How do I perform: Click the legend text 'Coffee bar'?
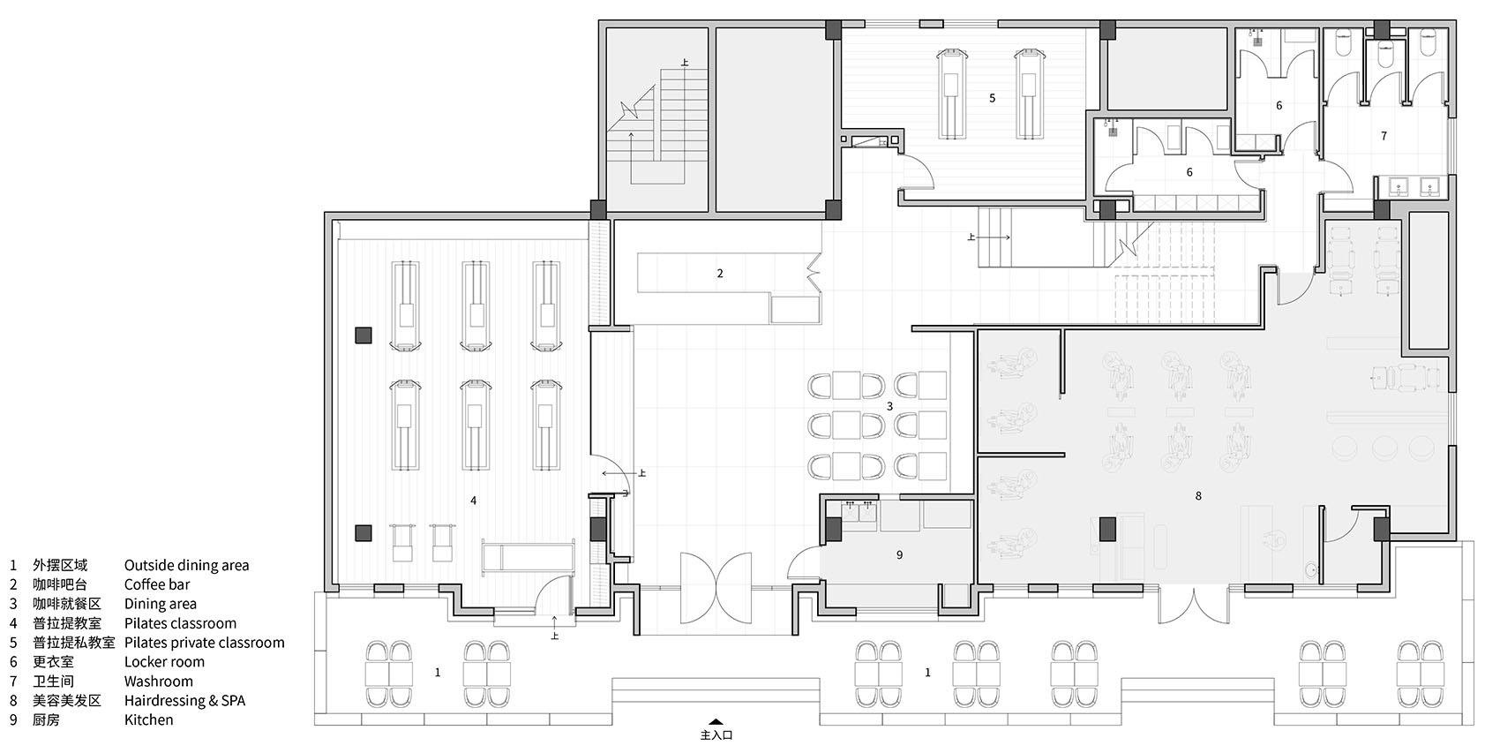tap(157, 584)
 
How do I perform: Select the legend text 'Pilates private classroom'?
tap(204, 643)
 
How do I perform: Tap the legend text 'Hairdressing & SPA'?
tap(184, 700)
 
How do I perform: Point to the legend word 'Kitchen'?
tap(148, 719)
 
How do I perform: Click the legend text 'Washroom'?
tap(159, 681)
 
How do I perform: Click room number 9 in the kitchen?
tap(899, 554)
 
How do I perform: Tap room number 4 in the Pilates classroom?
tap(474, 501)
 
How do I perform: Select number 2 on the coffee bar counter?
tap(720, 274)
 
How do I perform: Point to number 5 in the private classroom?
tap(993, 99)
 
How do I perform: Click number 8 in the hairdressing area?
tap(1198, 496)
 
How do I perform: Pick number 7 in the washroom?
tap(1384, 136)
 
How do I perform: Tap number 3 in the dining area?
tap(890, 406)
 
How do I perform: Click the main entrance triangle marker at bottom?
tap(716, 721)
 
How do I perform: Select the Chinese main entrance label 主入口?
tap(716, 735)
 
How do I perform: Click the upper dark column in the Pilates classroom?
tap(363, 335)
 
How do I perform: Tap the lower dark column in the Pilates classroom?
tap(363, 533)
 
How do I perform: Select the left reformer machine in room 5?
tap(951, 94)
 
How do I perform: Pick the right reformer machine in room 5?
tap(1029, 94)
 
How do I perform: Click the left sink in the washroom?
tap(1399, 187)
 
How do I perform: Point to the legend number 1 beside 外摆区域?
tap(12, 566)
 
